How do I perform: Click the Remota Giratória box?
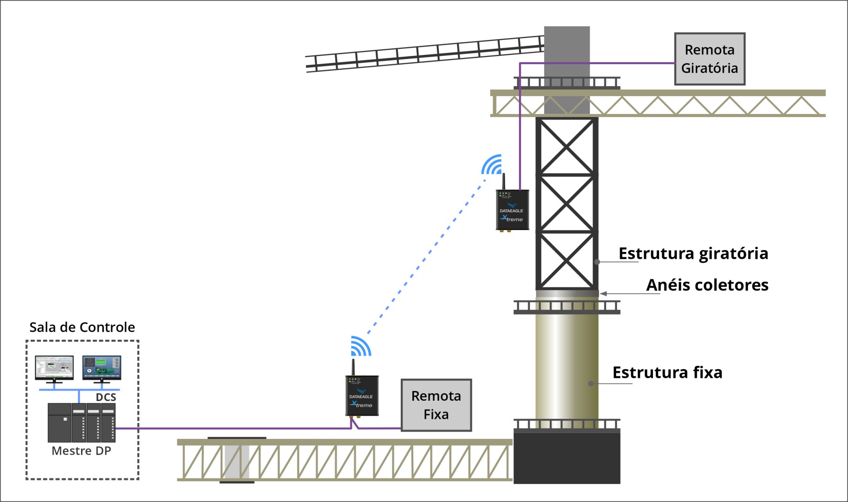coord(709,59)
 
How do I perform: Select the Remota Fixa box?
coord(436,405)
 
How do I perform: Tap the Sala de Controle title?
coord(82,327)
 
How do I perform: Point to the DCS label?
coord(106,397)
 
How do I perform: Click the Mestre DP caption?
coord(81,451)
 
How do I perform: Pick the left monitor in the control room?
coord(54,368)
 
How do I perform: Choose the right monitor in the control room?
coord(102,368)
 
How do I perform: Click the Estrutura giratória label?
coord(693,254)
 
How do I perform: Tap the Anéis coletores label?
coord(707,285)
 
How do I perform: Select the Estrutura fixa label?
coord(667,373)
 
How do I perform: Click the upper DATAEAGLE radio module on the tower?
coord(512,210)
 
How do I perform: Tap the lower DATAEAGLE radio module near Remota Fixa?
coord(362,396)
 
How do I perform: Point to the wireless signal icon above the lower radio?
coord(361,346)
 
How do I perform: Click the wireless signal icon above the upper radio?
coord(492,165)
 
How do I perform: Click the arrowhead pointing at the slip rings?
coord(603,294)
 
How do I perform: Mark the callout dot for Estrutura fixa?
coord(591,384)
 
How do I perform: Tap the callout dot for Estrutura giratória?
coord(597,262)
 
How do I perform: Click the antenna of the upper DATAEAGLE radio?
coord(504,181)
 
